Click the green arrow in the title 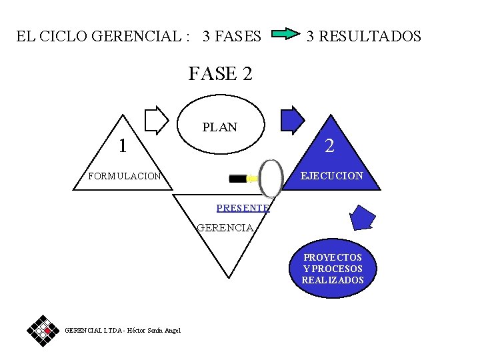coord(286,34)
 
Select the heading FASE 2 coord(220,73)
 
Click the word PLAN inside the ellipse coord(219,127)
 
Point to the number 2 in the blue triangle coord(329,146)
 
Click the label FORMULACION coord(125,177)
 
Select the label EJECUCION coord(332,176)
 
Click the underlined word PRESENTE coord(243,208)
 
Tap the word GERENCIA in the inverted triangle coord(225,228)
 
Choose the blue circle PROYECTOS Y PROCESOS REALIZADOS coord(333,269)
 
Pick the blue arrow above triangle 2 coord(292,120)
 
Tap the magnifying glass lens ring coord(271,177)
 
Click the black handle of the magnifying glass coord(237,178)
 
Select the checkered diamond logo coord(44,330)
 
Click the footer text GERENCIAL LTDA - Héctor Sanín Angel coord(123,331)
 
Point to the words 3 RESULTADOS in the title coord(363,36)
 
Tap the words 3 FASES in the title coord(232,36)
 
